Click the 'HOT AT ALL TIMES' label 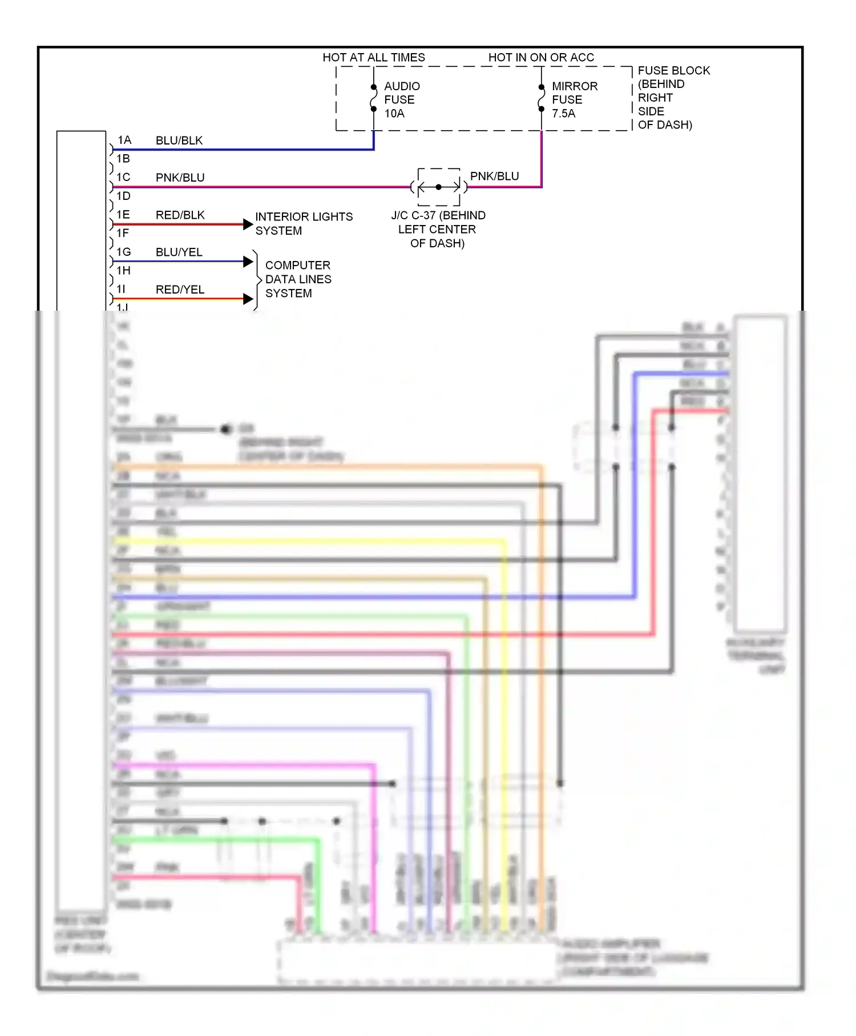point(374,58)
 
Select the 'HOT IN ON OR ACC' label point(540,58)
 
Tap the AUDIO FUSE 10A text point(401,100)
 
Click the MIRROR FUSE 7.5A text point(574,100)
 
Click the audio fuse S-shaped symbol point(374,98)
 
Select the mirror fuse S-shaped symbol point(542,98)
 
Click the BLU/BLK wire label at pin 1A point(179,140)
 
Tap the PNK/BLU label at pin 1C point(180,178)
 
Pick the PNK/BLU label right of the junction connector point(494,176)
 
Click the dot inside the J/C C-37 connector point(438,187)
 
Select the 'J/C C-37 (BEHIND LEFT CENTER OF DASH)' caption point(438,229)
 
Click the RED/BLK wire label point(180,215)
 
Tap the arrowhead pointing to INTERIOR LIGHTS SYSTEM point(248,224)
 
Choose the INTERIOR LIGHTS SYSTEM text point(304,224)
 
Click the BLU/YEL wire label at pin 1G point(179,252)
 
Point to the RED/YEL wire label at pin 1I point(180,290)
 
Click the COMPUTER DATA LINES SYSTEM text point(298,279)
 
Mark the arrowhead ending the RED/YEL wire point(248,299)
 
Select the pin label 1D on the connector point(123,196)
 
